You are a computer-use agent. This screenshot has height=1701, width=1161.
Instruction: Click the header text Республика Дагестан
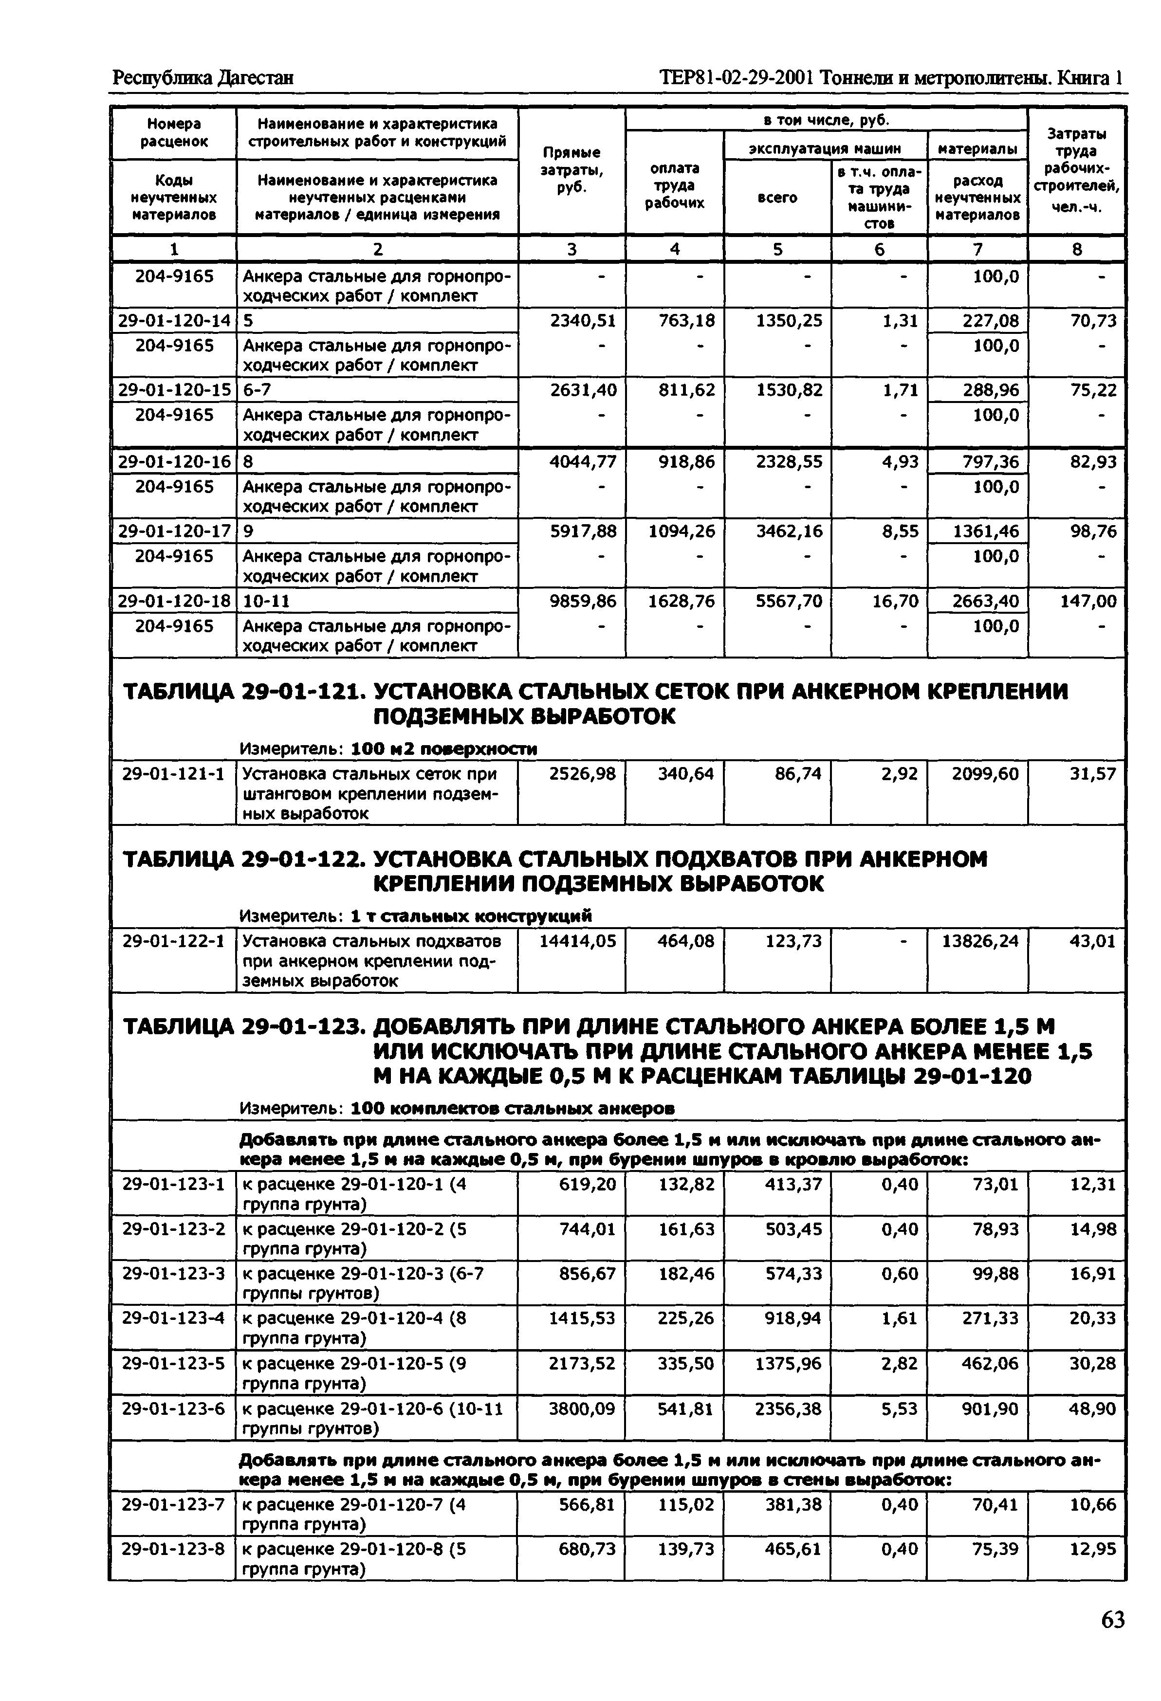203,77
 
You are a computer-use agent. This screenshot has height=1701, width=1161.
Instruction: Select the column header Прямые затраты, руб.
571,170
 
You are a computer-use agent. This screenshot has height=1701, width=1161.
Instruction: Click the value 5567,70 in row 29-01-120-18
789,601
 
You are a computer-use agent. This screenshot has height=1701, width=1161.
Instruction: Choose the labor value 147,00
1088,601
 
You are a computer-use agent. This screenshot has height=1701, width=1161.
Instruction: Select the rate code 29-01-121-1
173,774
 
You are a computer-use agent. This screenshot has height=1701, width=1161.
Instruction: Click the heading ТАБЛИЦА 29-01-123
243,1027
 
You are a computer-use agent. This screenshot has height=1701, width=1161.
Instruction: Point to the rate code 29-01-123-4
173,1318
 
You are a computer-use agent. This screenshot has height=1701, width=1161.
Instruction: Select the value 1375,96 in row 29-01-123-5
789,1364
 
